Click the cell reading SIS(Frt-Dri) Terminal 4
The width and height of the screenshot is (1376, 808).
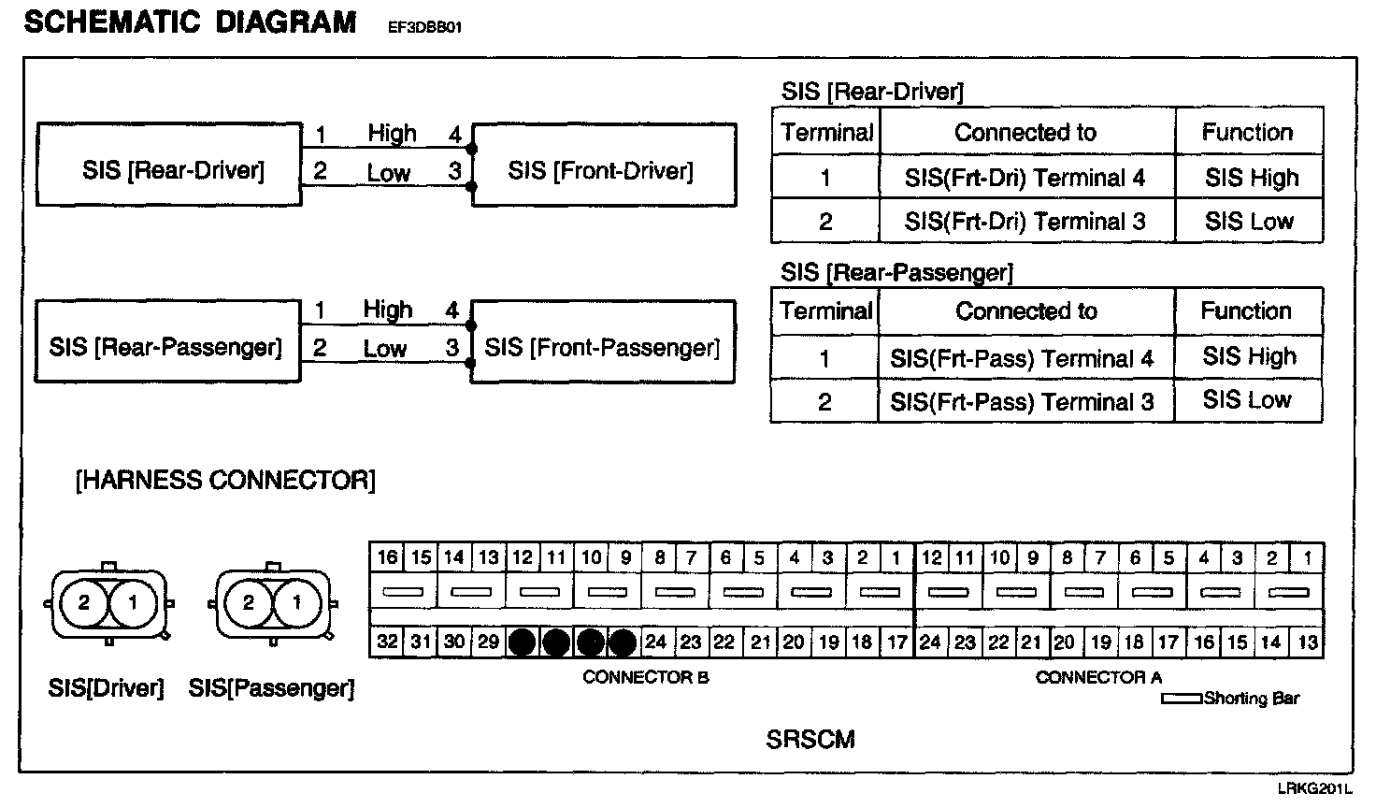click(x=1025, y=178)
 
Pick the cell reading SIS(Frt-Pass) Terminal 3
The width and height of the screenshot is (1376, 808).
click(x=1023, y=402)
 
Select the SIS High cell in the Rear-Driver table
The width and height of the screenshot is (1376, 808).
click(x=1251, y=178)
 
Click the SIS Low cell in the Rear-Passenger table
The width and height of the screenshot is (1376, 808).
click(x=1247, y=400)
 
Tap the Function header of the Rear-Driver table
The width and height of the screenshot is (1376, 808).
click(x=1247, y=133)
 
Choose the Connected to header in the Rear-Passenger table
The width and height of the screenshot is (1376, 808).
click(x=1025, y=311)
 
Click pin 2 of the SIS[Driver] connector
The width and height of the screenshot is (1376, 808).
click(x=84, y=603)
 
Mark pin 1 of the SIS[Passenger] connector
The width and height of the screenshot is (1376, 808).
click(x=297, y=603)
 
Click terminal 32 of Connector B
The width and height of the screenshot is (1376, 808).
click(x=387, y=642)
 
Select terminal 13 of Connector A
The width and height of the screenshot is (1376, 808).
click(x=1307, y=642)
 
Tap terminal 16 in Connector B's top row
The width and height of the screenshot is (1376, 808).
click(x=387, y=558)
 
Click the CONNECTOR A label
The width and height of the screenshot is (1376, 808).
click(x=1097, y=677)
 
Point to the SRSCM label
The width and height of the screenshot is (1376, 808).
click(x=810, y=740)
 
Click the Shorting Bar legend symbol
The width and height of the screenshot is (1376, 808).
click(x=1182, y=699)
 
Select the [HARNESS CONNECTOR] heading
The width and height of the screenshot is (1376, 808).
click(x=224, y=481)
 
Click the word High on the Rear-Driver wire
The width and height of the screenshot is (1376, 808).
click(x=392, y=134)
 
